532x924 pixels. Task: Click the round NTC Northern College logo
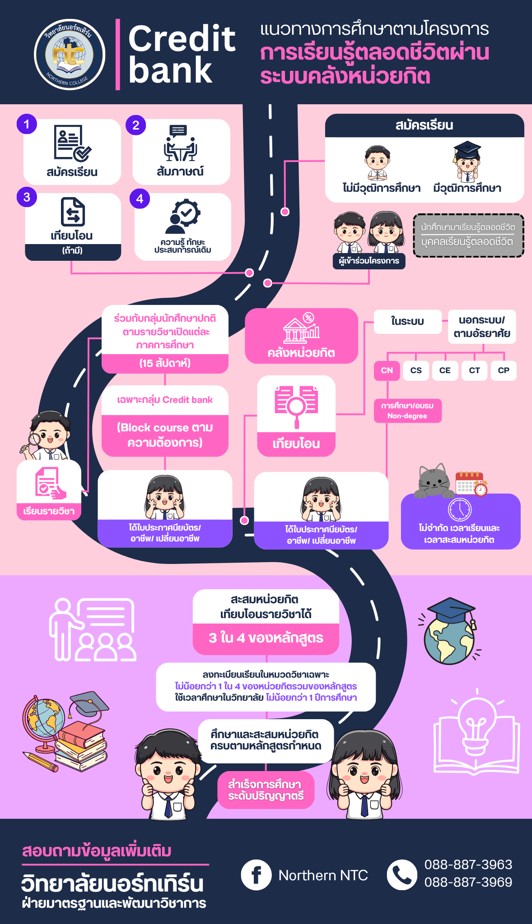point(70,55)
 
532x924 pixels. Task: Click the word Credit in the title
point(182,38)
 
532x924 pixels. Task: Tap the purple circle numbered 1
point(27,124)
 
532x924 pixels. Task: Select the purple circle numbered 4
point(140,199)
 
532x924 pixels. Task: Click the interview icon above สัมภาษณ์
point(180,143)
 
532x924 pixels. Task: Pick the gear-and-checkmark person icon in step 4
point(182,216)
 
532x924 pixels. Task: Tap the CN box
point(387,370)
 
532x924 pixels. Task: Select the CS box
point(416,370)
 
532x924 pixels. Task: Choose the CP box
point(504,370)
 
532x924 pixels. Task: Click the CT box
point(474,370)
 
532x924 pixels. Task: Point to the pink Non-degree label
point(407,411)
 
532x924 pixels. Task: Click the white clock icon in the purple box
point(460,509)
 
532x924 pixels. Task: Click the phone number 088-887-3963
point(468,864)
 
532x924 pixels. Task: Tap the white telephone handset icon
point(402,874)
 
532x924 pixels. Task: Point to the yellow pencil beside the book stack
point(40,762)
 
